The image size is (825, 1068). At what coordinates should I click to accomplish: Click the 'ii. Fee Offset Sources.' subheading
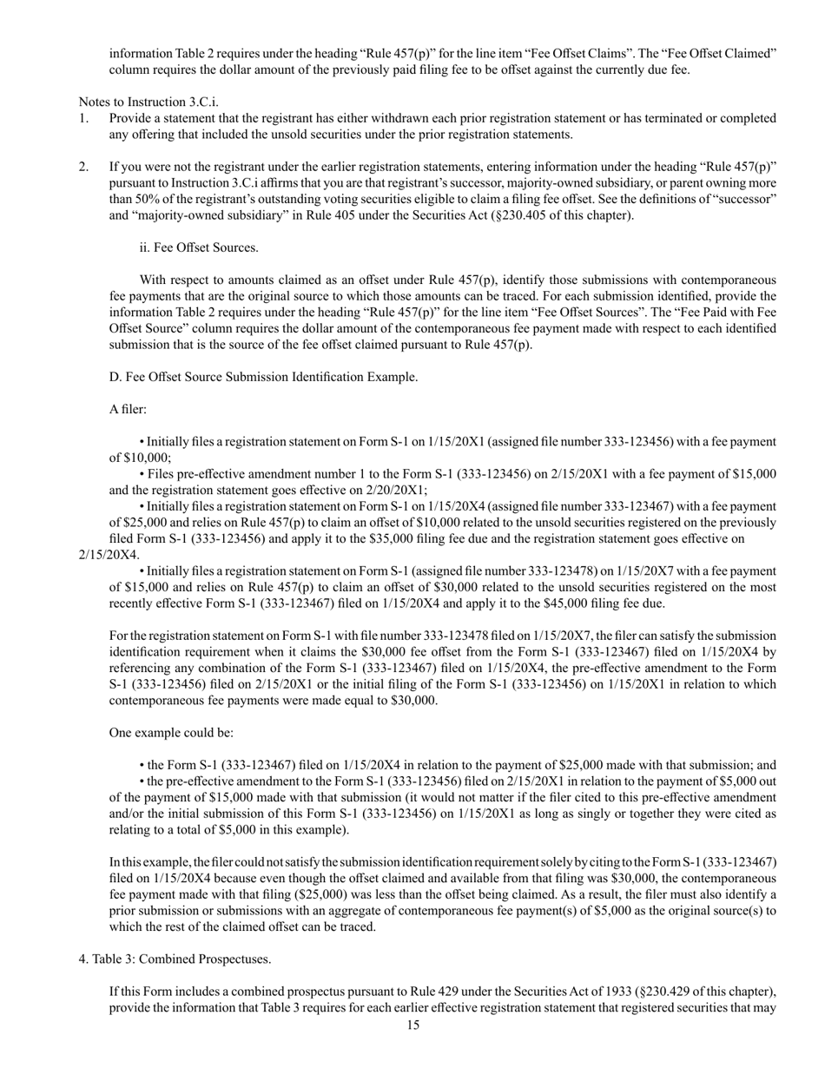click(x=199, y=247)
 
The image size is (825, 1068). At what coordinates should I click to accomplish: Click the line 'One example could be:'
click(x=171, y=733)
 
